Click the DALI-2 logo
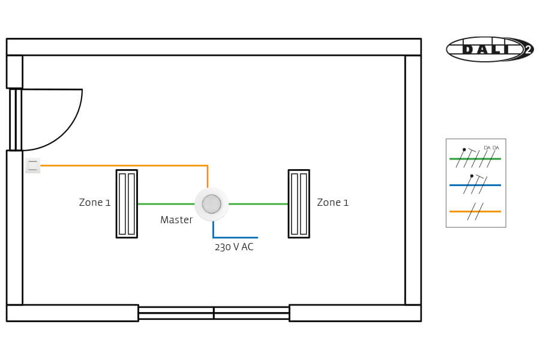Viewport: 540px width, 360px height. [x=488, y=49]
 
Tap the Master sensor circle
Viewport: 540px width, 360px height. [x=211, y=204]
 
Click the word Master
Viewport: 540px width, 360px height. [x=176, y=220]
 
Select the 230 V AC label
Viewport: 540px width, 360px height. [x=234, y=247]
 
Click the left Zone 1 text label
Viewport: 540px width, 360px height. [x=95, y=203]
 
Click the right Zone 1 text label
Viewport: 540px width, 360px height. [x=332, y=203]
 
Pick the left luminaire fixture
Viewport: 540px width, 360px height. [x=127, y=203]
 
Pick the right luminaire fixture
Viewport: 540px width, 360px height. [x=299, y=203]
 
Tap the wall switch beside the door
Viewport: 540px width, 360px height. [x=32, y=165]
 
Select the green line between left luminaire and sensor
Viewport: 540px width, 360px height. [x=166, y=204]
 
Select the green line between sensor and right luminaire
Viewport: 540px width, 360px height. [x=258, y=204]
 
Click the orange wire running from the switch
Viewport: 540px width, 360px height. [x=120, y=165]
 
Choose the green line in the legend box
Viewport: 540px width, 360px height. [x=475, y=158]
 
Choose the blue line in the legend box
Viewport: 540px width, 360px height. [x=475, y=185]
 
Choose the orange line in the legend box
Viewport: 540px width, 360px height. [x=475, y=211]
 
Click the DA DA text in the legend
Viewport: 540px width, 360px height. [x=491, y=148]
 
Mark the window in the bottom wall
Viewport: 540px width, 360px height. [x=214, y=313]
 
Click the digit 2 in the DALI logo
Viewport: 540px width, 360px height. [x=527, y=50]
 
